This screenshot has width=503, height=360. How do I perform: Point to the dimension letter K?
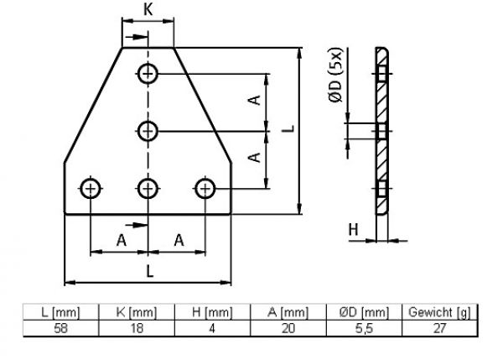tap(148, 9)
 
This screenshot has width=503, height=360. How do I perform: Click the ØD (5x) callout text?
tap(336, 75)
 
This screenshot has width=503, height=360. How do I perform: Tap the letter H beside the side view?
tap(353, 230)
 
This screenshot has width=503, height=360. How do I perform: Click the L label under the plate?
tap(150, 271)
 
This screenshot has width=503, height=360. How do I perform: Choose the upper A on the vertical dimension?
tap(255, 100)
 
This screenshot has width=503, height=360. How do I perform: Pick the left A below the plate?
tap(122, 240)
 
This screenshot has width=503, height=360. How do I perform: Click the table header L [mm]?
tap(60, 312)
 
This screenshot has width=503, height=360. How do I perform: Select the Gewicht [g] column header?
tap(439, 312)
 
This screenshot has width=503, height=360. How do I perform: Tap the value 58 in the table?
tap(60, 328)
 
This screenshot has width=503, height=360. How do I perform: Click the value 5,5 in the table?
tap(364, 328)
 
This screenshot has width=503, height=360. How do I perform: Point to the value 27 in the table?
tap(439, 328)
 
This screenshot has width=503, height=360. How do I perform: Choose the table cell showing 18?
tap(137, 328)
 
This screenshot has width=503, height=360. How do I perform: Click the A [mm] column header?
tap(288, 312)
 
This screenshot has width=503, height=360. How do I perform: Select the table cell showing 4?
tap(212, 328)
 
